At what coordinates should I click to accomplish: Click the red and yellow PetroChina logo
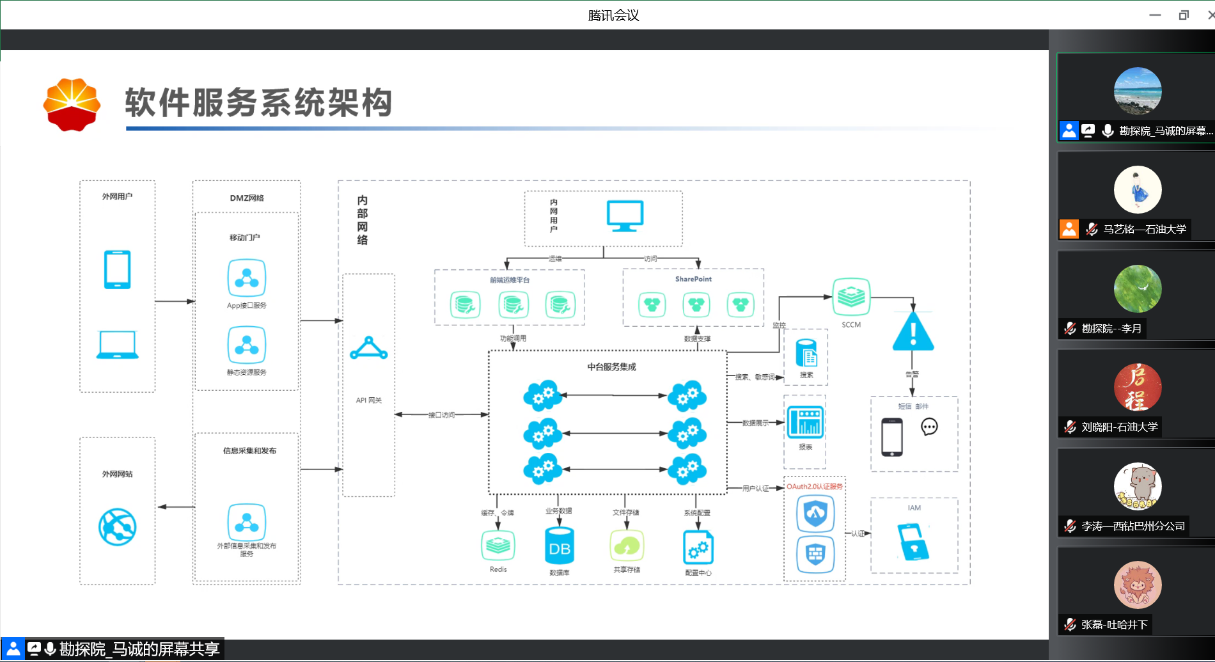72,104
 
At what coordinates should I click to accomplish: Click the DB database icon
560,547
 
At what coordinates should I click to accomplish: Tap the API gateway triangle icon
369,349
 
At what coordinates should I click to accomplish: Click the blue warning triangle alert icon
913,332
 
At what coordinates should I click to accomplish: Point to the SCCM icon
851,297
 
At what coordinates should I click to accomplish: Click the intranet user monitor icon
625,216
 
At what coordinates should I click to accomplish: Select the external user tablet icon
118,269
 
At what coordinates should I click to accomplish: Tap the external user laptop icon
118,345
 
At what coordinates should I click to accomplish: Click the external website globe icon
118,526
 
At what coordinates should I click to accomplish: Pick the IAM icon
914,541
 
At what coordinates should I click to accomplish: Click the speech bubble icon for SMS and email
929,427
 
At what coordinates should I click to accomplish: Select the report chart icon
805,422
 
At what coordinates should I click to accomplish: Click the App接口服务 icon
246,278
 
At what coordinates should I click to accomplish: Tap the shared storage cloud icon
627,546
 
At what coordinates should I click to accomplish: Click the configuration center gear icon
698,548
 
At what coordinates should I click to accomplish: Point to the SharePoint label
693,279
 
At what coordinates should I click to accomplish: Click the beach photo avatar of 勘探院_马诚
1138,91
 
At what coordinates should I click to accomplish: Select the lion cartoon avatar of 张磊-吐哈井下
1138,585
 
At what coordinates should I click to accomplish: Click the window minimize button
1155,15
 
